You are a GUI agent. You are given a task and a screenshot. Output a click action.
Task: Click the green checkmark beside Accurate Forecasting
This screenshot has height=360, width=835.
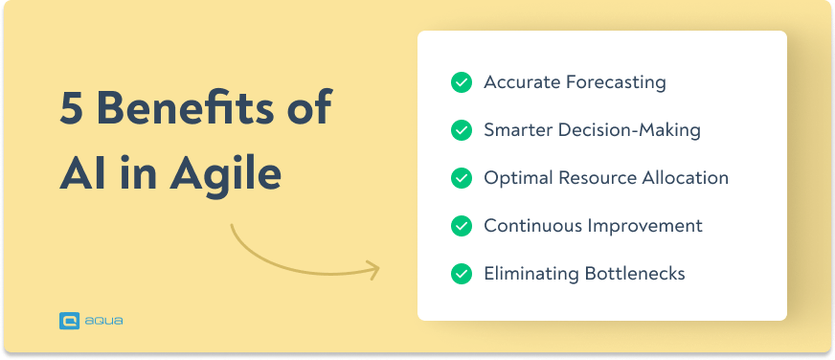(x=462, y=82)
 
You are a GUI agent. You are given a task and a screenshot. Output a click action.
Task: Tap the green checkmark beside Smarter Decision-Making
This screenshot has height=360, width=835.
(x=462, y=130)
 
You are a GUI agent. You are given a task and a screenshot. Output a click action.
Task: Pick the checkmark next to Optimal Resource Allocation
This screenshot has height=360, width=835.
(x=462, y=178)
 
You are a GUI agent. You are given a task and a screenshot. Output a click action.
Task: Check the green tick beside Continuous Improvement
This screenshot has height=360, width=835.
(x=462, y=226)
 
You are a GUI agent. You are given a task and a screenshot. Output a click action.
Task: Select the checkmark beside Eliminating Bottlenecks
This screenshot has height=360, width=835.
(x=462, y=274)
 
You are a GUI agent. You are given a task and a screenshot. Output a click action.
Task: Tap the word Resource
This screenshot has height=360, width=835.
(x=596, y=178)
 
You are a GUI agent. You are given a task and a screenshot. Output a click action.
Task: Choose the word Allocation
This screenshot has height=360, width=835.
(x=684, y=178)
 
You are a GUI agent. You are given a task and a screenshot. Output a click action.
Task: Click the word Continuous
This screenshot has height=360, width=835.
(x=531, y=226)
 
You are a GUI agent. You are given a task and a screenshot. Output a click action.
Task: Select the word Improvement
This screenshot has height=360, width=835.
(x=646, y=226)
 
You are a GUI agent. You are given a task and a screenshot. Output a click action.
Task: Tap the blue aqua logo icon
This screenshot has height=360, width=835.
(x=69, y=322)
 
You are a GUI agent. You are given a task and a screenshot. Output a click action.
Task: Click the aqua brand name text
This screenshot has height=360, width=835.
(x=103, y=322)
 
